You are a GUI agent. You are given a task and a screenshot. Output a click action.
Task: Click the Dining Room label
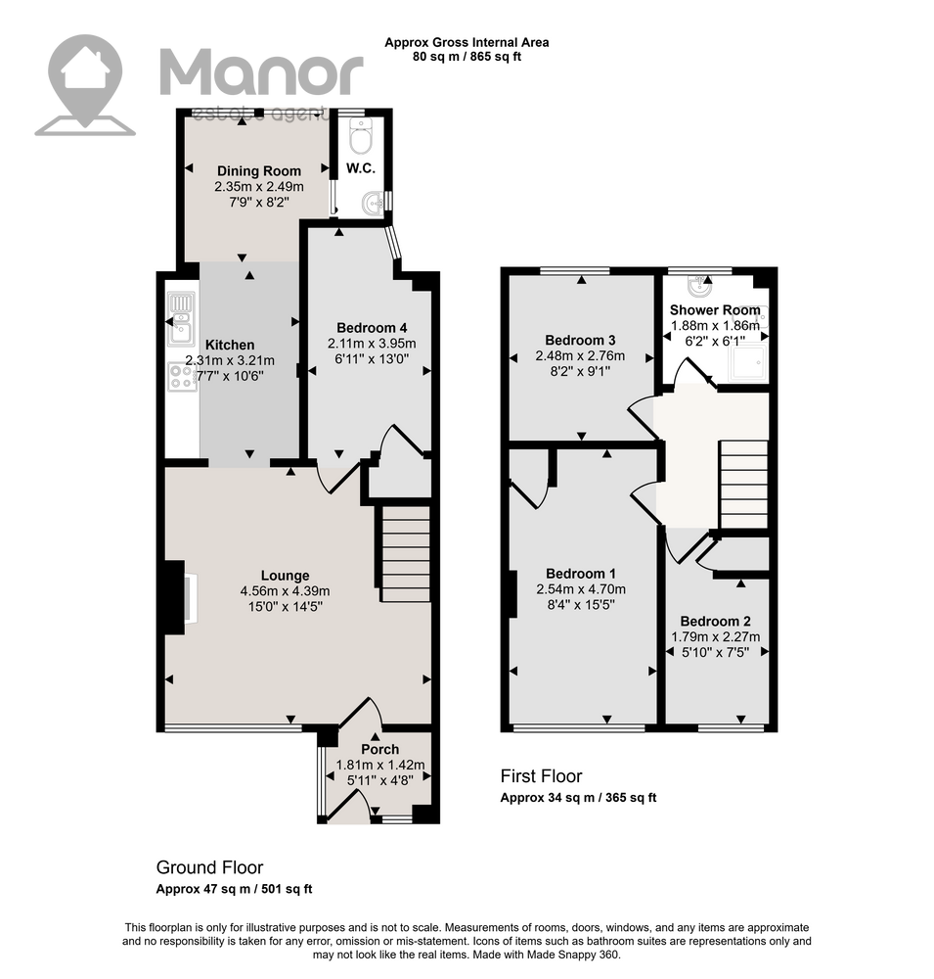(x=259, y=171)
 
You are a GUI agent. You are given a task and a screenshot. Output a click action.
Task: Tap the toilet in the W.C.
(x=361, y=136)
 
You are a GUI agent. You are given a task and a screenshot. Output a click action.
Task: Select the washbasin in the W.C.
(x=373, y=204)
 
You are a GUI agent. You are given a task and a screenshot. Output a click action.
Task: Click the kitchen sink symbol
(x=181, y=319)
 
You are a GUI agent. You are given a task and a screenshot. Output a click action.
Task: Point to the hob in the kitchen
(x=182, y=377)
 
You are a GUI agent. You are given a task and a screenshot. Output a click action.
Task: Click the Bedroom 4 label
(x=372, y=328)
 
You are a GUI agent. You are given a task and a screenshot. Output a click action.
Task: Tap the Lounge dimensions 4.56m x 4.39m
(x=286, y=590)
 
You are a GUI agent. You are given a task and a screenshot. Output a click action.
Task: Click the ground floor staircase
(x=406, y=554)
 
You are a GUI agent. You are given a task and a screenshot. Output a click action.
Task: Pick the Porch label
(x=380, y=749)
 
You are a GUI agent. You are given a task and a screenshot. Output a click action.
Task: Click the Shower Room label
(x=715, y=309)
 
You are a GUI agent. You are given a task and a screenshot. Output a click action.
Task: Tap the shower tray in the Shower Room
(x=748, y=362)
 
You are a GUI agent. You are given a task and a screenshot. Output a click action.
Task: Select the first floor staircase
(x=743, y=485)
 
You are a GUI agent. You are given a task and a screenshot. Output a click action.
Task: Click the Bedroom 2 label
(x=715, y=622)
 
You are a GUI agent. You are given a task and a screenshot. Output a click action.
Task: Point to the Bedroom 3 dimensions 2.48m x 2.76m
(x=580, y=356)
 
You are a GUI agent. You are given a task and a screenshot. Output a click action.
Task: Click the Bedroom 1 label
(x=580, y=574)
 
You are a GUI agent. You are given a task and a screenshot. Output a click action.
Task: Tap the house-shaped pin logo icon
(x=85, y=84)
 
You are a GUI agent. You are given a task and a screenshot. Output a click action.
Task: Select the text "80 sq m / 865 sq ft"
(x=467, y=57)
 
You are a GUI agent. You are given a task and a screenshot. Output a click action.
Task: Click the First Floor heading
(x=541, y=776)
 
